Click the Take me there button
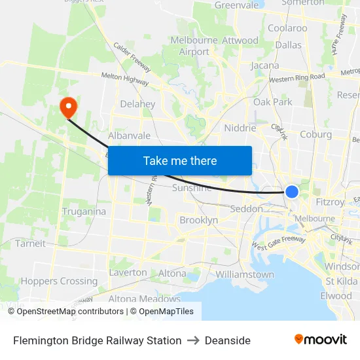(180, 161)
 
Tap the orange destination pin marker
(68, 107)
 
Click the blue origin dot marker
(292, 191)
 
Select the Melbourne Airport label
(194, 46)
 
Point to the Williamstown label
(245, 274)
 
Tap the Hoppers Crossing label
(59, 281)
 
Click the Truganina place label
(84, 211)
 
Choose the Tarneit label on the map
(30, 243)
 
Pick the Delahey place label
(138, 104)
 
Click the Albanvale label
(130, 135)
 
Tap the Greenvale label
(237, 5)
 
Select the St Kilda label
(342, 281)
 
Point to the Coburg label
(315, 134)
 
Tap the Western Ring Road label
(297, 77)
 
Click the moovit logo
(321, 340)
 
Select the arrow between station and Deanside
(193, 340)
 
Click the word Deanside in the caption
(228, 340)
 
